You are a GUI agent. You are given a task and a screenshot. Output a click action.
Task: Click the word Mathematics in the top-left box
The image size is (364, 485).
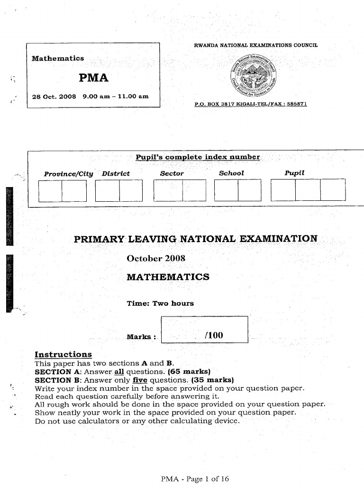point(57,58)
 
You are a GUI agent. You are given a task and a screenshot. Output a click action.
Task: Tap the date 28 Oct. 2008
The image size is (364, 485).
point(54,96)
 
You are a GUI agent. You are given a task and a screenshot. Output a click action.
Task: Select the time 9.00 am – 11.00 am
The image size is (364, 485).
point(115,96)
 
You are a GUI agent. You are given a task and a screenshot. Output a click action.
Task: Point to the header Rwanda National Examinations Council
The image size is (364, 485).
point(256,45)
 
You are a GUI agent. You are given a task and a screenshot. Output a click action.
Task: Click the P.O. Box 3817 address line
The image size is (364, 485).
point(251,104)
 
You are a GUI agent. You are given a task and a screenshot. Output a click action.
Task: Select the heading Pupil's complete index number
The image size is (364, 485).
point(198,157)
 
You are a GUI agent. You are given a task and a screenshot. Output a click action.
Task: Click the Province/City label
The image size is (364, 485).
point(69,173)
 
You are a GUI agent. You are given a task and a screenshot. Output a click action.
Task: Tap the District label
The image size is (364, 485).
point(116,173)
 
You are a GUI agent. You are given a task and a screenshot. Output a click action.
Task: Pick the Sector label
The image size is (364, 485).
point(172,173)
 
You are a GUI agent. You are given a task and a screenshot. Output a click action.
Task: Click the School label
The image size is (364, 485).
point(231,173)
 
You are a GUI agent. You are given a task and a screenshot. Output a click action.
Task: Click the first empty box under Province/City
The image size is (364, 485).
point(50,191)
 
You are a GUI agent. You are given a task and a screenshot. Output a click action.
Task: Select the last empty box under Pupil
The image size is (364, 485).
point(333,190)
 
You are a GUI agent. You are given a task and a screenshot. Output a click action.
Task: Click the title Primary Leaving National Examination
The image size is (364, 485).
point(196,238)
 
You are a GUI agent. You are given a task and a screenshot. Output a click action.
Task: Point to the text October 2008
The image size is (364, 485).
point(156,259)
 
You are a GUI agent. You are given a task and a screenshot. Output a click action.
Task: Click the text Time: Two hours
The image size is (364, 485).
point(160,303)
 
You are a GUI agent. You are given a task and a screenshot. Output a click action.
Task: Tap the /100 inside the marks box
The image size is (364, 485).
point(214,335)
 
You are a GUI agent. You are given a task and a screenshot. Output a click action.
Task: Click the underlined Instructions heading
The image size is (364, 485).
point(64,354)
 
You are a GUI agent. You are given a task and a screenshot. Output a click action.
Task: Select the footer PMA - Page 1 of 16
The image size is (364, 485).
point(195,479)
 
